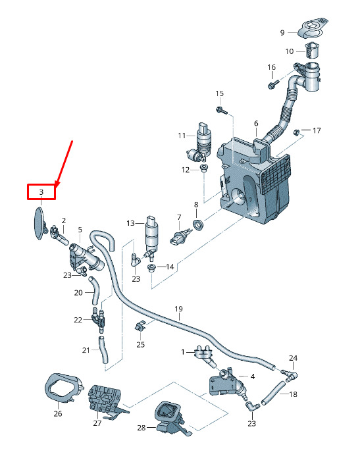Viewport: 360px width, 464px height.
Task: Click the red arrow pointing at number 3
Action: (64, 163)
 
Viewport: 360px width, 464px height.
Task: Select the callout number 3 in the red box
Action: (41, 192)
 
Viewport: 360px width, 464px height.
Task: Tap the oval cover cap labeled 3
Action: (39, 223)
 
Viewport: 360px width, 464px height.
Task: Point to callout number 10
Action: (290, 51)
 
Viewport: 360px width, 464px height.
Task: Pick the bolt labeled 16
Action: (273, 84)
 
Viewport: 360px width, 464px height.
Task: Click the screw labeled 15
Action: (222, 110)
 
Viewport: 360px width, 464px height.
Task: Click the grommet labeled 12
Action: (203, 168)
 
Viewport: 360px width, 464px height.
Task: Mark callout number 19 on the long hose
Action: (178, 309)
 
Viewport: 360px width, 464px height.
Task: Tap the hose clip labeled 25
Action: (140, 326)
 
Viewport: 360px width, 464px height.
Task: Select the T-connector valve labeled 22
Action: (99, 319)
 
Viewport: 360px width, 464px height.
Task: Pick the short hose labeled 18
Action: (273, 393)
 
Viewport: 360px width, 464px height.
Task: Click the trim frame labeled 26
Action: (63, 388)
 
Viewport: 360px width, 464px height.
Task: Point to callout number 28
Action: (141, 428)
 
